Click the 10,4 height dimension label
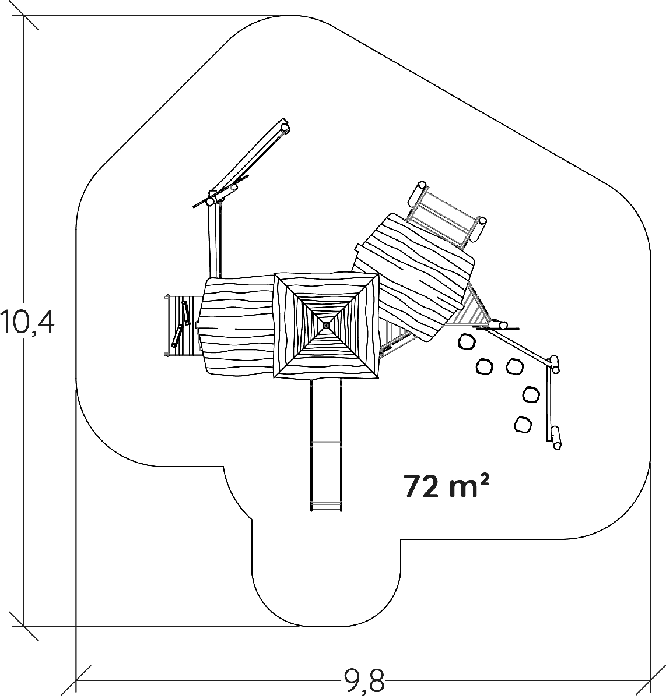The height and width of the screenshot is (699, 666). coord(27,322)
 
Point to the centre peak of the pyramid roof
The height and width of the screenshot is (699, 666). coord(325,324)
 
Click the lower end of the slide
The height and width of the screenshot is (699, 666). coord(326,510)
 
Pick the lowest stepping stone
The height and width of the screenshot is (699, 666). coord(523,424)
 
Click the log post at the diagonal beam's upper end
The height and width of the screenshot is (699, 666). coord(285,128)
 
